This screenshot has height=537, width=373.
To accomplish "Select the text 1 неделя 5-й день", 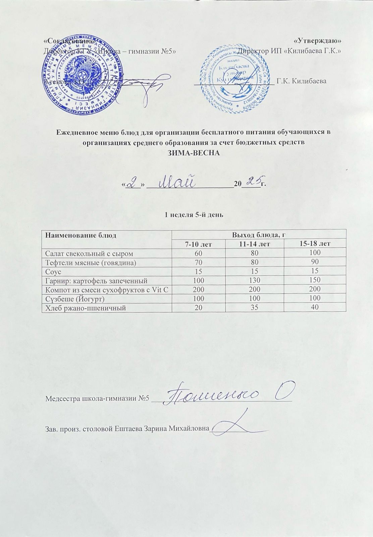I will [193, 214].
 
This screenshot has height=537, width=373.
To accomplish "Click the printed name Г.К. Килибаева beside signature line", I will [301, 81].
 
